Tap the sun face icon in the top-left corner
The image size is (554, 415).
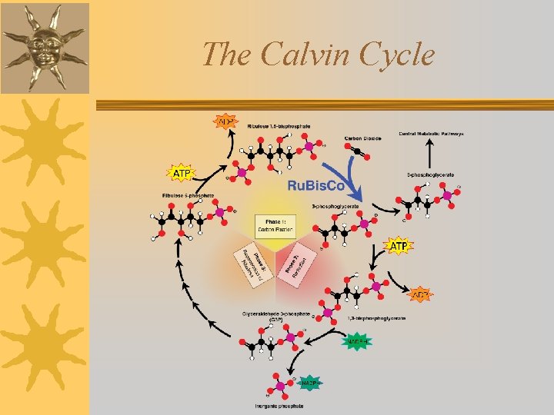pos(45,46)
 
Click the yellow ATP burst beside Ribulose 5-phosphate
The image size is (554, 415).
pos(182,174)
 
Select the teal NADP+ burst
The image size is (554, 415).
pos(310,382)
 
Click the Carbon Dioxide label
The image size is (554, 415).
pos(363,138)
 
